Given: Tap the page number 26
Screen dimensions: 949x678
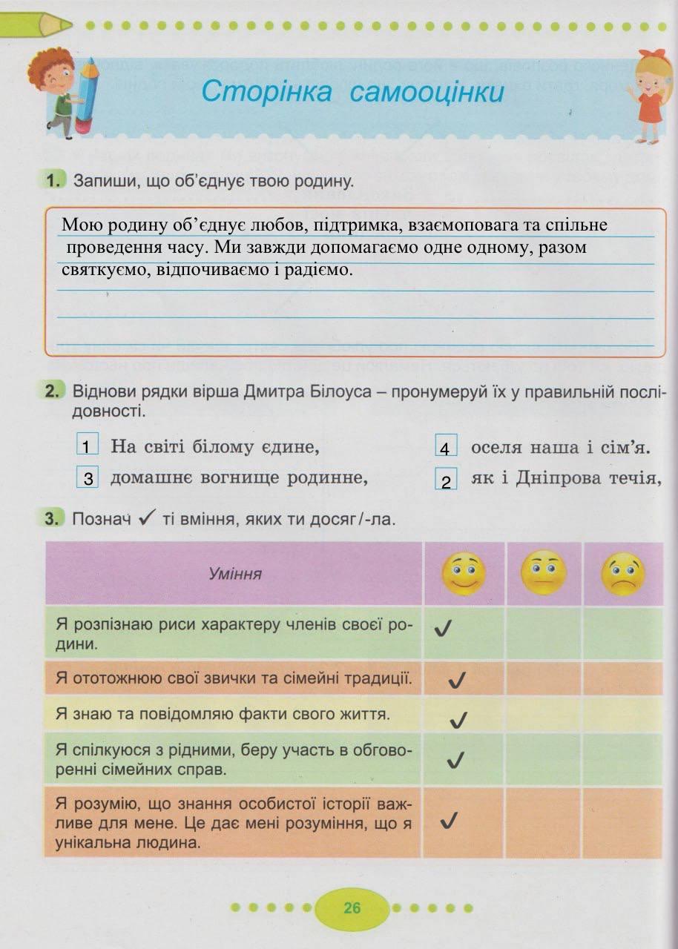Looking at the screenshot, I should tap(352, 907).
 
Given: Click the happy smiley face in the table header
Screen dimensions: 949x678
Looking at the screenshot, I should tap(464, 573).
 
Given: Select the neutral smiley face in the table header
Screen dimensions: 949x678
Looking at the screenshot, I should tap(544, 573).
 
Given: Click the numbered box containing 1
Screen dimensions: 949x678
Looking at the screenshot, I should tap(88, 446).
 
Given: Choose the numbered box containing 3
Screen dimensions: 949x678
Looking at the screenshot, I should tap(88, 478).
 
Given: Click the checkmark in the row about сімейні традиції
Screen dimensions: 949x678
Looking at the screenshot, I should tap(457, 680).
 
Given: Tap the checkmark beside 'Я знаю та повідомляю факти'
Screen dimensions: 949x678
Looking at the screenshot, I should tap(458, 718).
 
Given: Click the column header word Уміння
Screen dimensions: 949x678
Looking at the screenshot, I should tap(235, 574).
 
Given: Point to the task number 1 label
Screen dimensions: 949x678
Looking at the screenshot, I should tap(53, 180).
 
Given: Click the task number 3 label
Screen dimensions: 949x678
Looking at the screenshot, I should tap(51, 519).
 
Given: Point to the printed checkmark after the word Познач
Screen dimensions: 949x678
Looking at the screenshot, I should tap(145, 518).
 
